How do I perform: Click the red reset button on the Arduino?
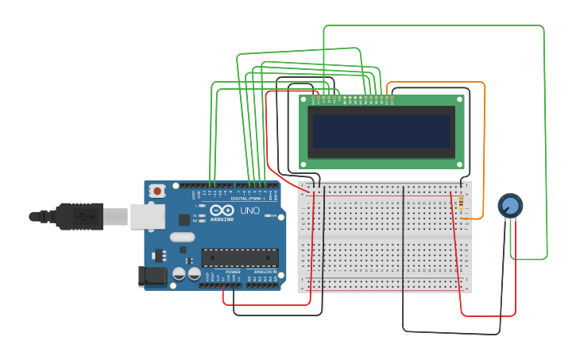[157, 191]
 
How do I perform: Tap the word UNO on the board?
[249, 211]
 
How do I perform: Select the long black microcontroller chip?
[239, 257]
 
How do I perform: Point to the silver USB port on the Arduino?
[147, 216]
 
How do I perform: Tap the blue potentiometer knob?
[510, 206]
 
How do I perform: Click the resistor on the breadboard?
[462, 203]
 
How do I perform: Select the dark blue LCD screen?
[381, 131]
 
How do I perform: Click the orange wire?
[483, 143]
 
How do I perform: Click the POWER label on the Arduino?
[233, 272]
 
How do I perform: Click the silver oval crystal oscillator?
[182, 237]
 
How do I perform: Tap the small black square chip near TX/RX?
[184, 219]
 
